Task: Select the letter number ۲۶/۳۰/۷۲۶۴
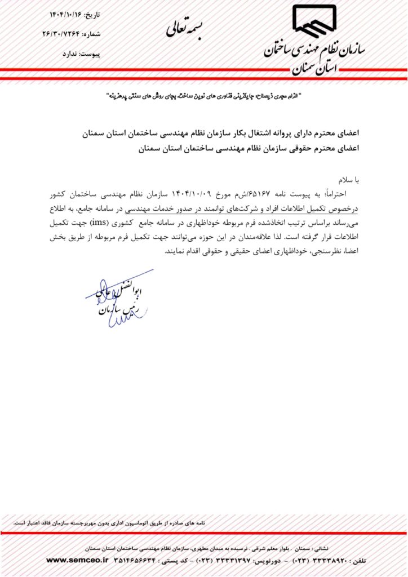(63, 34)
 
